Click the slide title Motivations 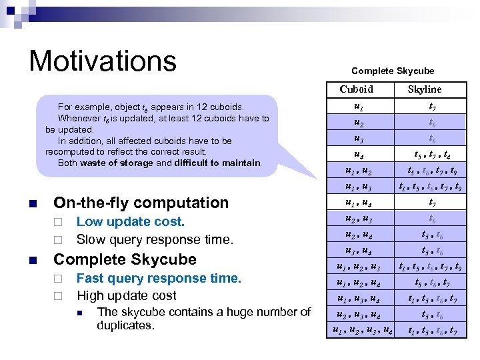tap(102, 61)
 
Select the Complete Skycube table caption tap(393, 71)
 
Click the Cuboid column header tap(356, 89)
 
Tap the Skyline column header tap(425, 89)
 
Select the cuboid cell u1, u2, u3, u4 tap(362, 330)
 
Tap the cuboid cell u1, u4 tap(359, 203)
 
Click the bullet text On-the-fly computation tap(141, 203)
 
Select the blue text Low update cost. tap(131, 222)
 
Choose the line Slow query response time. tap(155, 239)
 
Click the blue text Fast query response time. tap(159, 278)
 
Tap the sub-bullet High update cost tap(127, 295)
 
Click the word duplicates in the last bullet tap(125, 325)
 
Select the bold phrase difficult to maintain tap(217, 163)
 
